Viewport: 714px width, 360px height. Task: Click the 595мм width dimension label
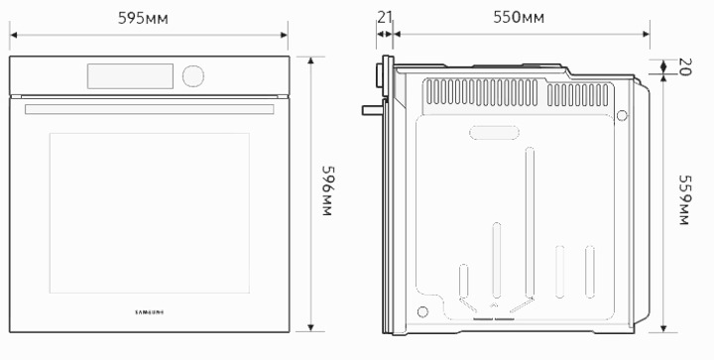click(143, 18)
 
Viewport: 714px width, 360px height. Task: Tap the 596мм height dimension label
click(328, 190)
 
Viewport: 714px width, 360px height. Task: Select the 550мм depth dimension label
click(519, 17)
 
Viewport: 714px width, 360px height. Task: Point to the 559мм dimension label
click(685, 199)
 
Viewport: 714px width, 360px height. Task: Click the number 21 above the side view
click(385, 17)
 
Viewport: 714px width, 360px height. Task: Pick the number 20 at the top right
click(685, 66)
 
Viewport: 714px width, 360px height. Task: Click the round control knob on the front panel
click(193, 76)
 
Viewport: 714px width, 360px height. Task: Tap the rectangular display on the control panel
click(130, 76)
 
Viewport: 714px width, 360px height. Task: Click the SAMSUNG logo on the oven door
click(150, 312)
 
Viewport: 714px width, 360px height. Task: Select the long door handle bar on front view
click(150, 109)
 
